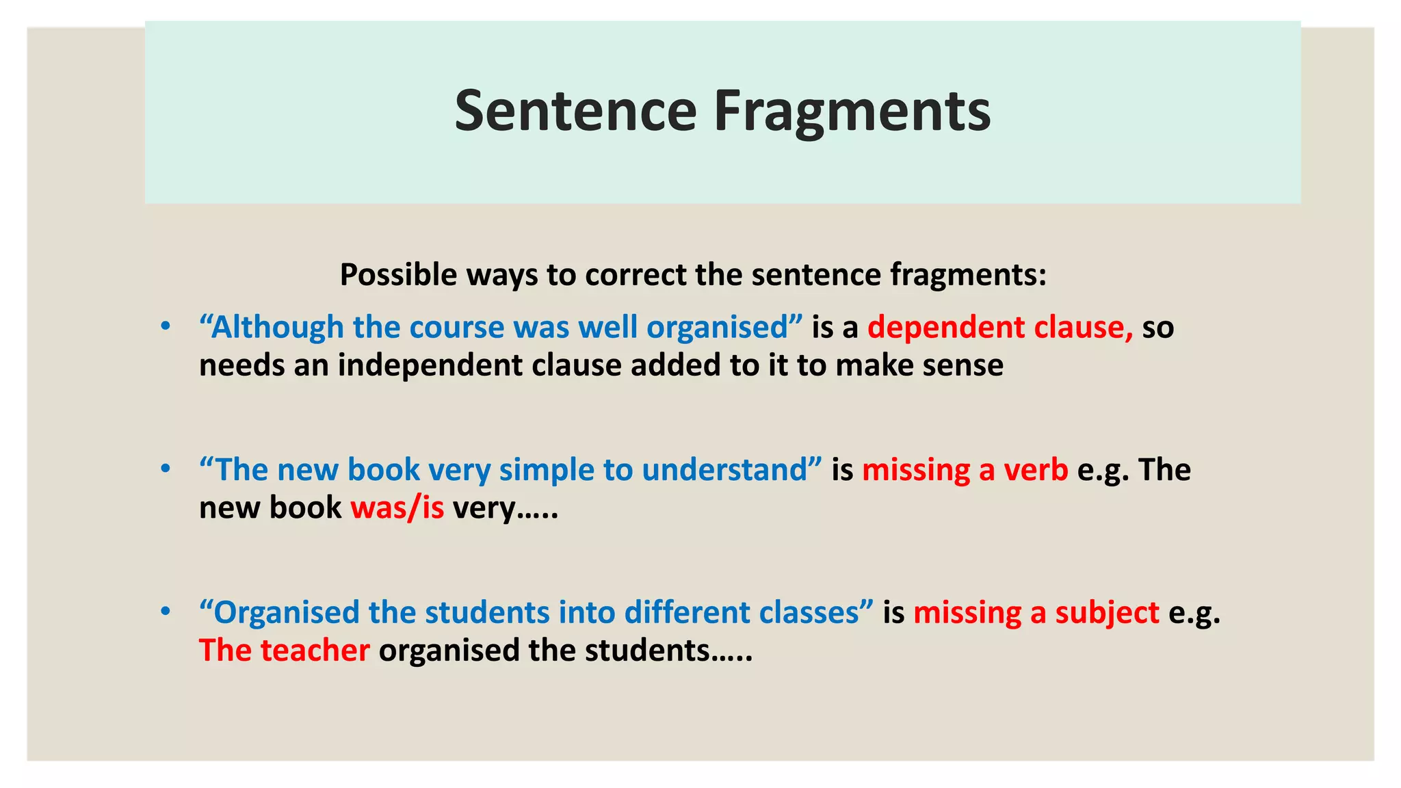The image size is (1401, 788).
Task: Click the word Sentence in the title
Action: coord(575,111)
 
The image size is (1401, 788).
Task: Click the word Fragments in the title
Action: coord(852,111)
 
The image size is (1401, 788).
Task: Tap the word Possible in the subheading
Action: coord(398,275)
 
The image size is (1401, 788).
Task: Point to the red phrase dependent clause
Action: coord(999,328)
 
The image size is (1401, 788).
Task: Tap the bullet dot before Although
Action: coord(165,327)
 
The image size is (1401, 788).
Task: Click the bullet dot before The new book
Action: coord(165,470)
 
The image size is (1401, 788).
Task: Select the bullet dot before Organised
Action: coord(165,612)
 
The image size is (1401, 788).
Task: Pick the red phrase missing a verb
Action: coord(965,471)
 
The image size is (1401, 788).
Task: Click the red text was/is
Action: coord(397,508)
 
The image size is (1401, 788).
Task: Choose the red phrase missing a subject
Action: coord(1036,613)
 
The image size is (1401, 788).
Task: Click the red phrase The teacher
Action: coord(284,651)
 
